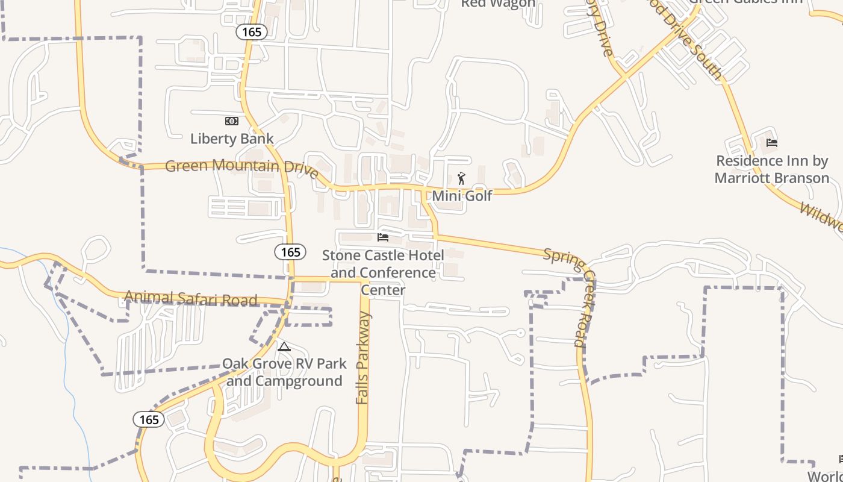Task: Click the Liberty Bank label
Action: click(232, 139)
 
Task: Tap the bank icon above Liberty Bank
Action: click(232, 121)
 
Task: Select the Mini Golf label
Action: click(462, 196)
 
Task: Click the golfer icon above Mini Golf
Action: click(462, 178)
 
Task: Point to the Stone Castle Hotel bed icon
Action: click(383, 237)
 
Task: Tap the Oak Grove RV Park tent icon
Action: click(284, 347)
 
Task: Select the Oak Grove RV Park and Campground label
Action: click(284, 372)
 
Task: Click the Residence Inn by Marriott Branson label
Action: click(772, 169)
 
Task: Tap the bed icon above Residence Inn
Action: click(772, 143)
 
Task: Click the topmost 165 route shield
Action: click(252, 31)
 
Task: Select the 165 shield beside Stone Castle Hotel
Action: click(290, 252)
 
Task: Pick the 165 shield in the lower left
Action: click(148, 419)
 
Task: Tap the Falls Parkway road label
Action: click(362, 358)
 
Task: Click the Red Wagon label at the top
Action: click(497, 4)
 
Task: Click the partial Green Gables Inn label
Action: click(746, 2)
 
